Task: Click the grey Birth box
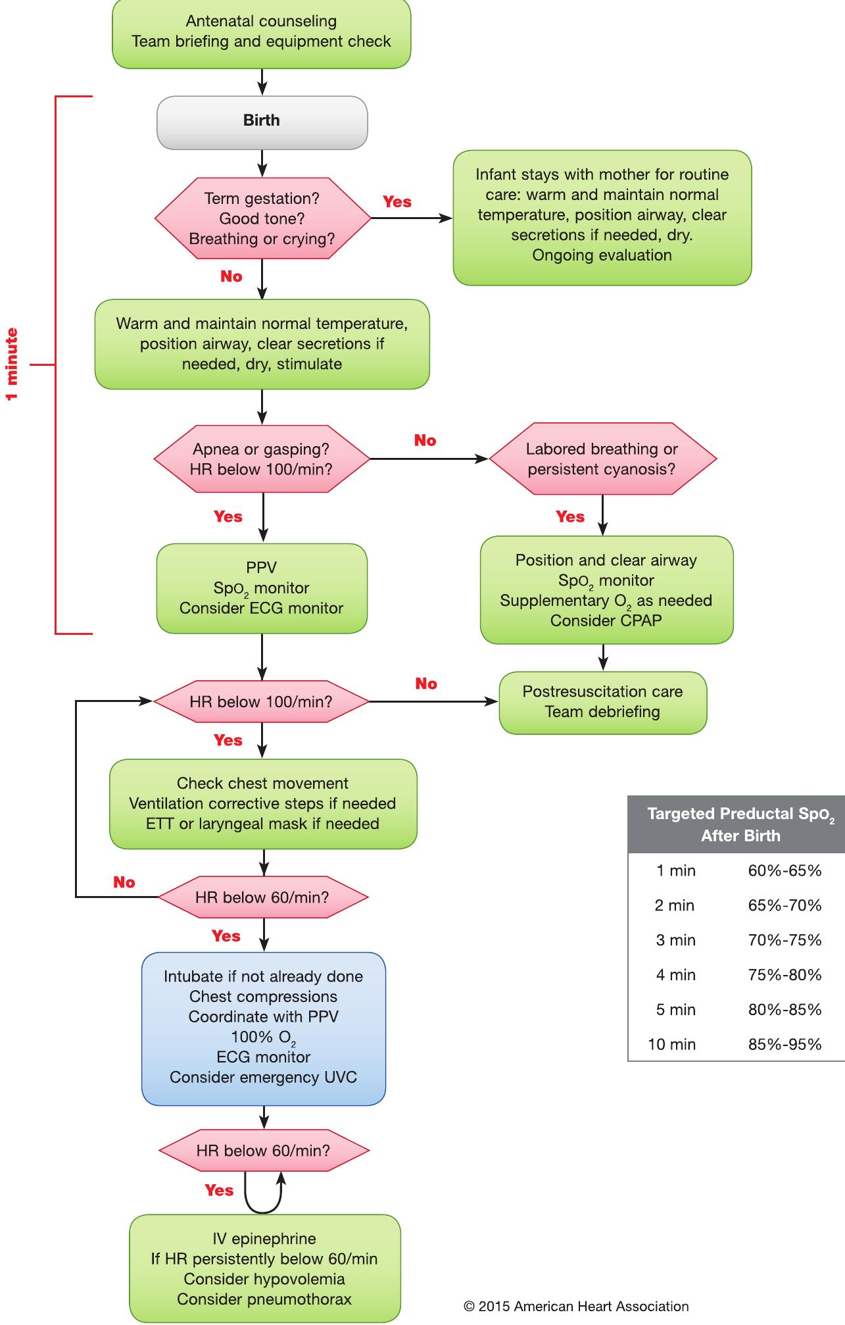[x=262, y=122]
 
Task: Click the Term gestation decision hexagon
[x=262, y=218]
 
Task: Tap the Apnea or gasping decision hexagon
[x=262, y=459]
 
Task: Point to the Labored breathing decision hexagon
[x=602, y=459]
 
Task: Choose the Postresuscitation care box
[x=602, y=702]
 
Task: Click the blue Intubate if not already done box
[x=263, y=1028]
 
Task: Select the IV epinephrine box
[x=264, y=1268]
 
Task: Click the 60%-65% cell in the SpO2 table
[x=785, y=871]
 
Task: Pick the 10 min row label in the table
[x=671, y=1045]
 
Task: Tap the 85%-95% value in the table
[x=785, y=1045]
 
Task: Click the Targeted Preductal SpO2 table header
[x=740, y=824]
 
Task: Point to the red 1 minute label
[x=12, y=364]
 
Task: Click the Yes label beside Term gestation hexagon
[x=397, y=202]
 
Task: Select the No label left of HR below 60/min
[x=124, y=882]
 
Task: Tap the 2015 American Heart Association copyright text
[x=576, y=1307]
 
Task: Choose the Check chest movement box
[x=262, y=803]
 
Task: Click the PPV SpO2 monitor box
[x=262, y=588]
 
